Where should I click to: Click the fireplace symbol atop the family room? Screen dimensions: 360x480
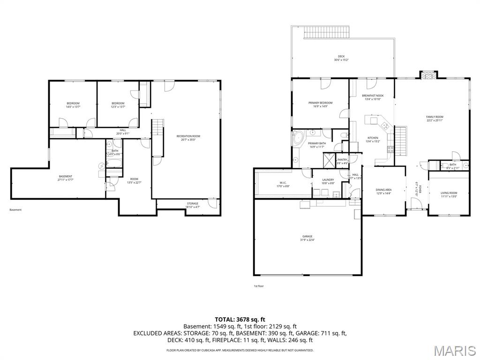[x=427, y=75]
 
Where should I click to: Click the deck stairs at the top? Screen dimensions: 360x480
[x=327, y=33]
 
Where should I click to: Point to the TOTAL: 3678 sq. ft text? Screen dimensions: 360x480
[x=240, y=319]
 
